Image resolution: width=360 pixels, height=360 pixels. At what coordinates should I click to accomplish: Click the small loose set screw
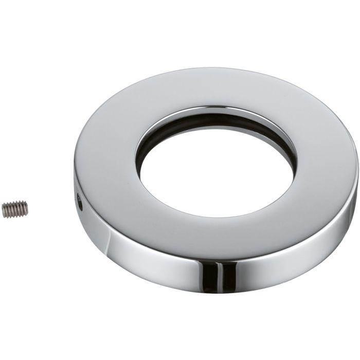14,208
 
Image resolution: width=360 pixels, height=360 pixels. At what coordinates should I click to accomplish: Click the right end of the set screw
27,208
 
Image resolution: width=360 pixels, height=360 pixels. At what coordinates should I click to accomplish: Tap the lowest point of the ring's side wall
216,292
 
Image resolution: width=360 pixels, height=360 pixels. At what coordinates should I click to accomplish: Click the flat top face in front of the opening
216,239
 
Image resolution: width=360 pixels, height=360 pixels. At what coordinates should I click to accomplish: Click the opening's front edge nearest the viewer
216,217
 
